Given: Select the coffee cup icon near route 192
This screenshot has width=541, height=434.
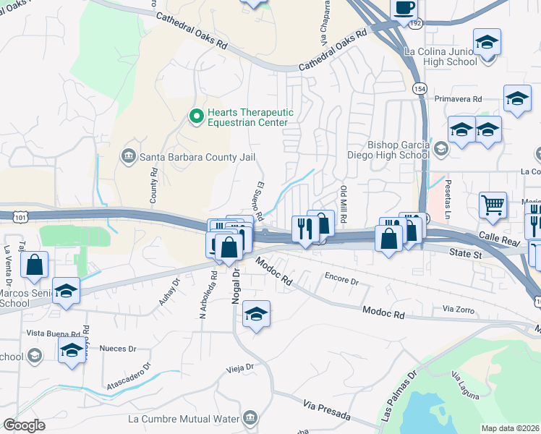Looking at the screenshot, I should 404,9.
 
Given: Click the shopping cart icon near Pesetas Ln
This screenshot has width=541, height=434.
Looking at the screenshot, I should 493,205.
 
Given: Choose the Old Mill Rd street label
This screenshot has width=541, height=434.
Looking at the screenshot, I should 344,204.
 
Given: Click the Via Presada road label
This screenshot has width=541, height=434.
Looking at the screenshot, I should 327,411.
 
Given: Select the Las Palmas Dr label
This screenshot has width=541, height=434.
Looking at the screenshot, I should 397,399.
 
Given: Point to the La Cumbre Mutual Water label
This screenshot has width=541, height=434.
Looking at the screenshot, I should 183,419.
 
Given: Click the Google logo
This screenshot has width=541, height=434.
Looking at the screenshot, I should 23,425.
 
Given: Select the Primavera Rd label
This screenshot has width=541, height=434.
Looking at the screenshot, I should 458,98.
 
